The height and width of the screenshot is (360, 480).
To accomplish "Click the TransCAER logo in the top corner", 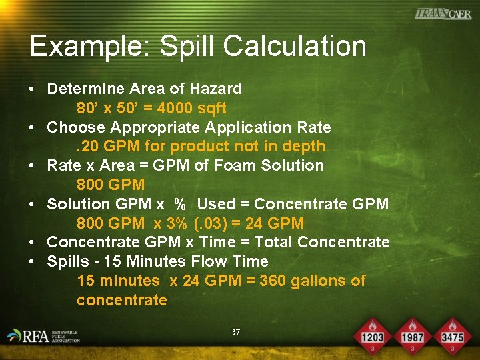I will [443, 14].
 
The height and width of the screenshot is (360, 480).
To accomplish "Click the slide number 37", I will [236, 332].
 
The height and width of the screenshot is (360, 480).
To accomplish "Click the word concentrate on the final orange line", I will [122, 300].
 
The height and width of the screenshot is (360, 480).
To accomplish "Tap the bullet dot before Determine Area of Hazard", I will [32, 89].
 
